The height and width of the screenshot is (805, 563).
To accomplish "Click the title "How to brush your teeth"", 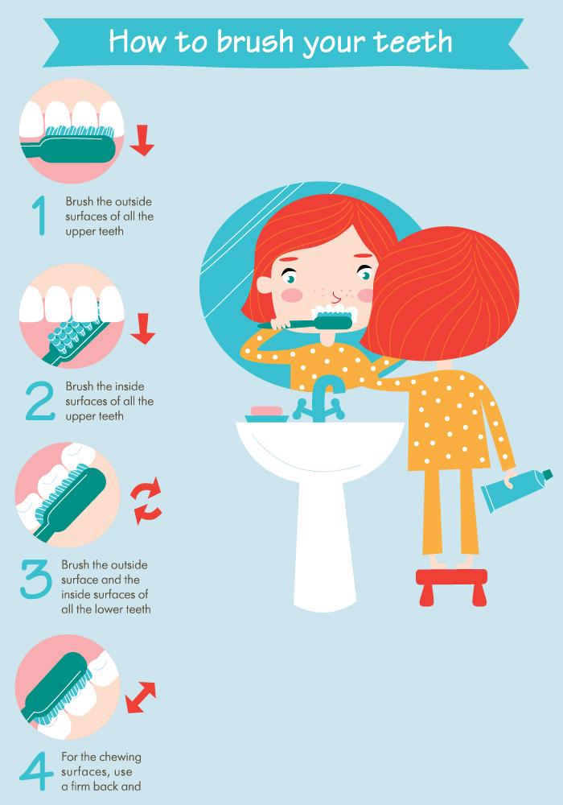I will click(x=281, y=41).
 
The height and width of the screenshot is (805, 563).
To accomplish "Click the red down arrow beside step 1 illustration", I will click(x=142, y=139).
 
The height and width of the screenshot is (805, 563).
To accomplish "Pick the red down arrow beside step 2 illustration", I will click(x=142, y=328).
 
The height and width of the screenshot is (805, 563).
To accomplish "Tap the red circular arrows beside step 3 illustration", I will click(x=147, y=501).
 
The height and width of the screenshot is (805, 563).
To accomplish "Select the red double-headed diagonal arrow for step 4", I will click(x=141, y=696).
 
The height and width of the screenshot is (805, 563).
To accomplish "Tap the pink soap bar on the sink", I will click(x=266, y=413).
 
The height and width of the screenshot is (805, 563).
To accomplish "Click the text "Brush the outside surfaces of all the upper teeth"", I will click(x=109, y=216).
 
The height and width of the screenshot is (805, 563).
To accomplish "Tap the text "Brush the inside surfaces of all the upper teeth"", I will click(x=109, y=401).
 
